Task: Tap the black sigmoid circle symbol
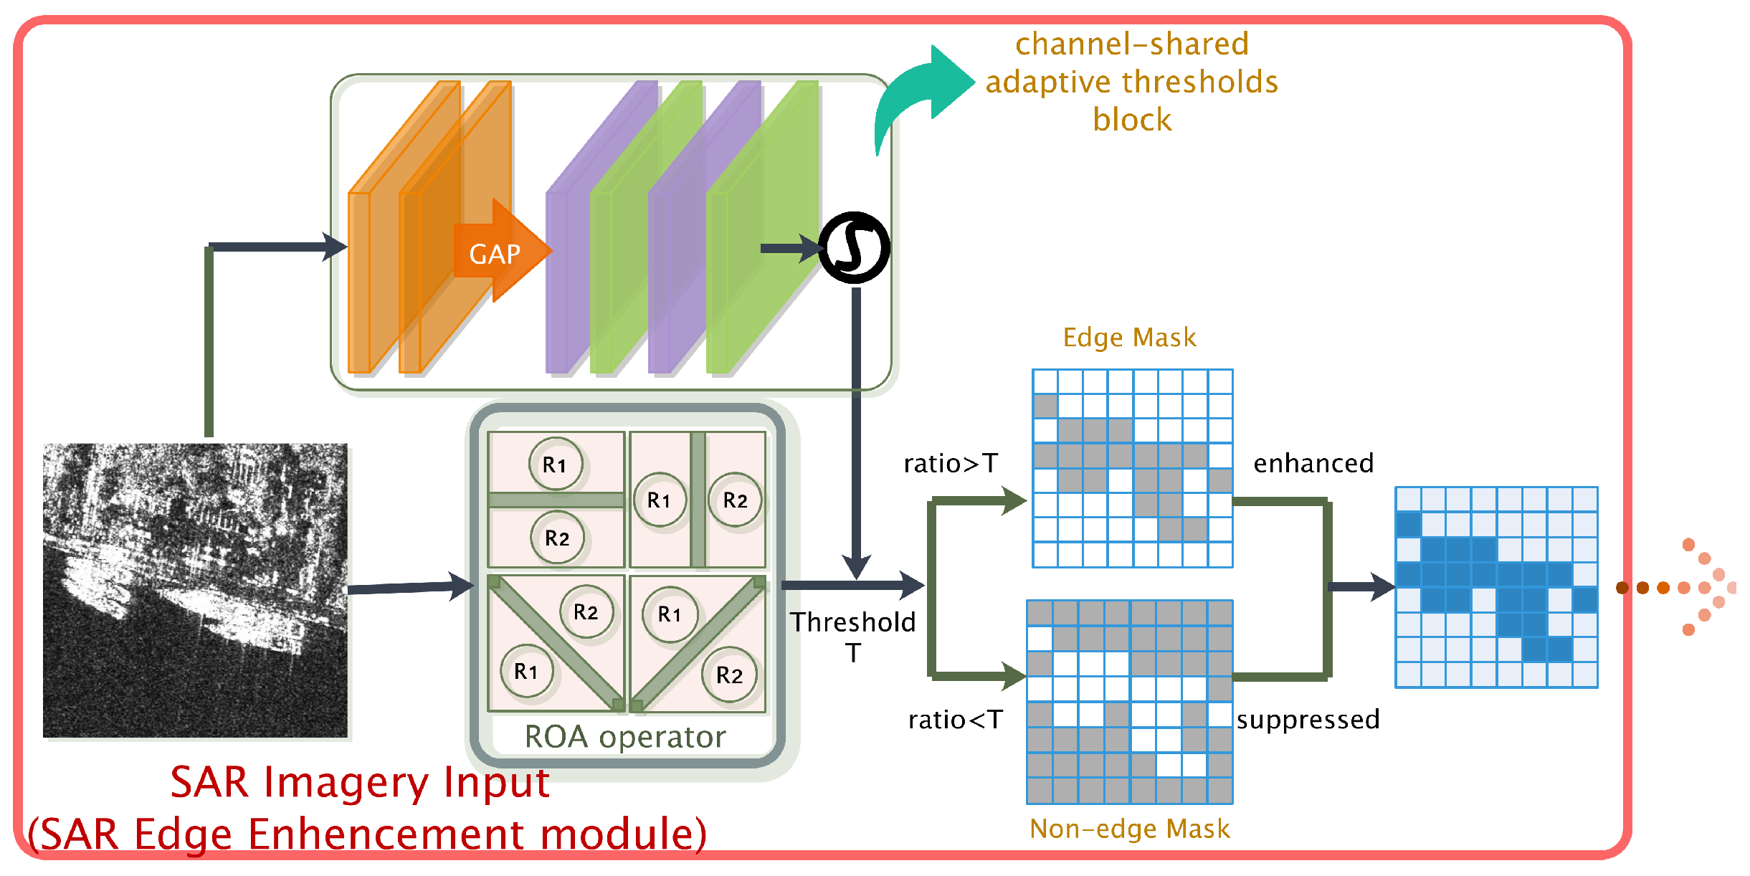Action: pyautogui.click(x=854, y=248)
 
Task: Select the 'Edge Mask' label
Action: pyautogui.click(x=1129, y=338)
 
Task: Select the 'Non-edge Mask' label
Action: pyautogui.click(x=1129, y=829)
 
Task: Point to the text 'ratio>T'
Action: pyautogui.click(x=951, y=464)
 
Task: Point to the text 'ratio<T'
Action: pyautogui.click(x=955, y=720)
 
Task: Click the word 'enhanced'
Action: pyautogui.click(x=1313, y=464)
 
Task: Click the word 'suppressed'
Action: pyautogui.click(x=1308, y=720)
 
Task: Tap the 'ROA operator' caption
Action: pyautogui.click(x=625, y=737)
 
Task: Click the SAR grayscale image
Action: pyautogui.click(x=195, y=590)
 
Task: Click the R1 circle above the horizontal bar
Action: pyautogui.click(x=555, y=465)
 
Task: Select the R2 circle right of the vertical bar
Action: pyautogui.click(x=735, y=500)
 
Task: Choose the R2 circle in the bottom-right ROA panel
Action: pyautogui.click(x=729, y=675)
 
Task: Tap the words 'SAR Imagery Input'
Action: pyautogui.click(x=360, y=782)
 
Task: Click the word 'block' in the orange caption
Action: pyautogui.click(x=1132, y=120)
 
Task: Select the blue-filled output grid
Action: pyautogui.click(x=1496, y=587)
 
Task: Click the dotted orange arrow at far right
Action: pyautogui.click(x=1678, y=588)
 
